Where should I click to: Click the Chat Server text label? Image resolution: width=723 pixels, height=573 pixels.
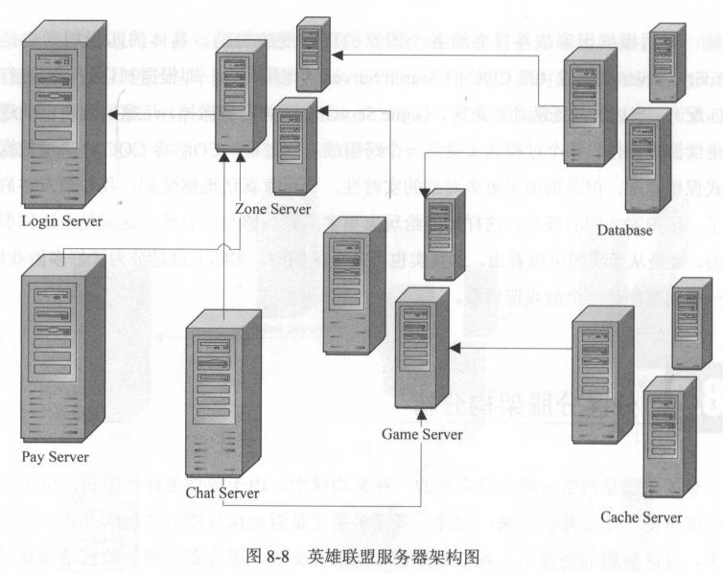tap(223, 493)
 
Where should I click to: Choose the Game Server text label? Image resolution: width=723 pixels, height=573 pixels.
tap(422, 434)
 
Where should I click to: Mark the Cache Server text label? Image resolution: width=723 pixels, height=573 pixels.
tap(641, 517)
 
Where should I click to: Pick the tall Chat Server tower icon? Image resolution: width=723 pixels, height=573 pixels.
tap(222, 402)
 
